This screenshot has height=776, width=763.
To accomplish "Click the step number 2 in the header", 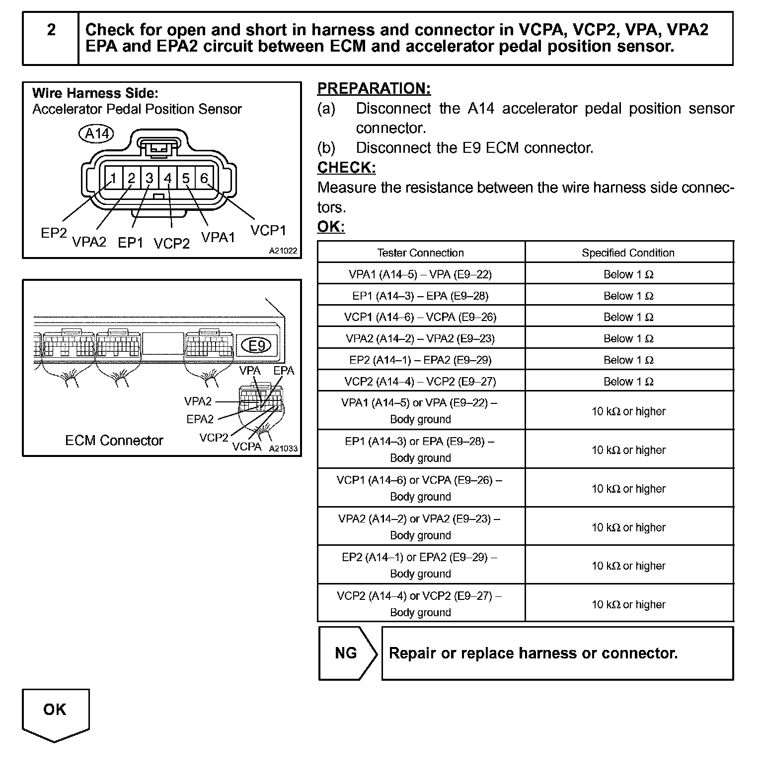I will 51,31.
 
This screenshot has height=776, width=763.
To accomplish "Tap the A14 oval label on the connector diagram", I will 96,133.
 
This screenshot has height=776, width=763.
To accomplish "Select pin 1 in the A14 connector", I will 114,178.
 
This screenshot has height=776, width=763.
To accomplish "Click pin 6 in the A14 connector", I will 204,178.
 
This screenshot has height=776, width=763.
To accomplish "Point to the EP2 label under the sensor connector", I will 54,233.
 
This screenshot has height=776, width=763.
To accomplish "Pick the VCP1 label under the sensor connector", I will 268,231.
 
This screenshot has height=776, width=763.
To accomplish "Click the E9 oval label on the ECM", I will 256,345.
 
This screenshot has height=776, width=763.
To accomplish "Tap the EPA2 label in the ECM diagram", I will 200,419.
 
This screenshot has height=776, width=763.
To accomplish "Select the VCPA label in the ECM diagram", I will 246,447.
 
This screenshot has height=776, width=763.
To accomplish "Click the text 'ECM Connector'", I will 114,441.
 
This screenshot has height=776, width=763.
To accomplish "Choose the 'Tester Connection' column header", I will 420,253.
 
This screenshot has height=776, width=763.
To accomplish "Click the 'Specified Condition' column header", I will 628,253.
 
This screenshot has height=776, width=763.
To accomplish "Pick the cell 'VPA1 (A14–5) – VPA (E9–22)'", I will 420,274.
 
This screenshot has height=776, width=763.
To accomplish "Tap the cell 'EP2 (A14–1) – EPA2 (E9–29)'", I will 420,360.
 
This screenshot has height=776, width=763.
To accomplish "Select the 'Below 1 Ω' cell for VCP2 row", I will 628,382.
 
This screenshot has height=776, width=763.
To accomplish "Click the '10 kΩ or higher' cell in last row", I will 628,604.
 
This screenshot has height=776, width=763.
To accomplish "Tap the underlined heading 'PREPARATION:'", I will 374,89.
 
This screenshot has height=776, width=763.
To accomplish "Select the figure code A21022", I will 283,251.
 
